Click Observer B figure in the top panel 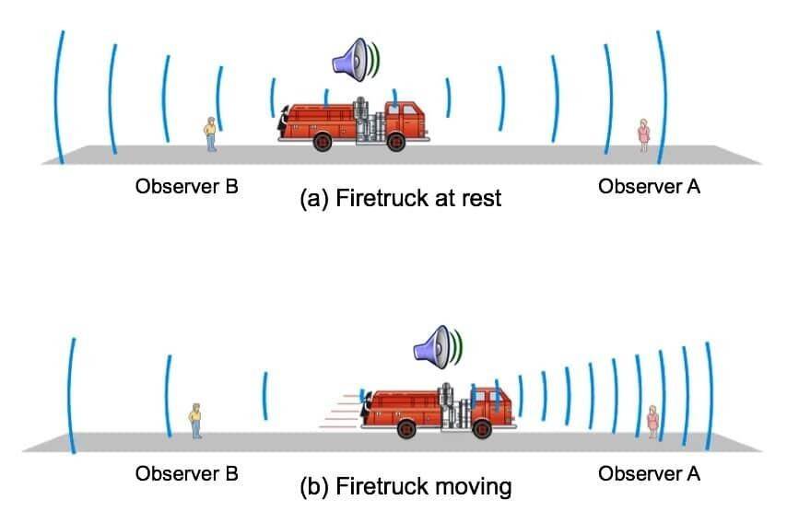click(211, 134)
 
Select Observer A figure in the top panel click(643, 135)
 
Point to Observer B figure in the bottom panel click(195, 421)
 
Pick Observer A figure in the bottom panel click(652, 422)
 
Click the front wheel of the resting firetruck click(396, 142)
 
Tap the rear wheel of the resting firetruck click(323, 142)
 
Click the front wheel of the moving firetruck click(482, 429)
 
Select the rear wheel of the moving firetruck click(406, 429)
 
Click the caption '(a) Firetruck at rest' click(401, 198)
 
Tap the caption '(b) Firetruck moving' click(405, 486)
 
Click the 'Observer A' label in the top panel click(649, 187)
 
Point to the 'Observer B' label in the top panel click(187, 187)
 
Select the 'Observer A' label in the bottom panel click(649, 474)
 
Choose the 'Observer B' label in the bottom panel click(187, 474)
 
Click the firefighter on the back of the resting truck click(284, 122)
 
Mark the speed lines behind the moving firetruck click(340, 412)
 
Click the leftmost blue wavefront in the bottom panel click(71, 396)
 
